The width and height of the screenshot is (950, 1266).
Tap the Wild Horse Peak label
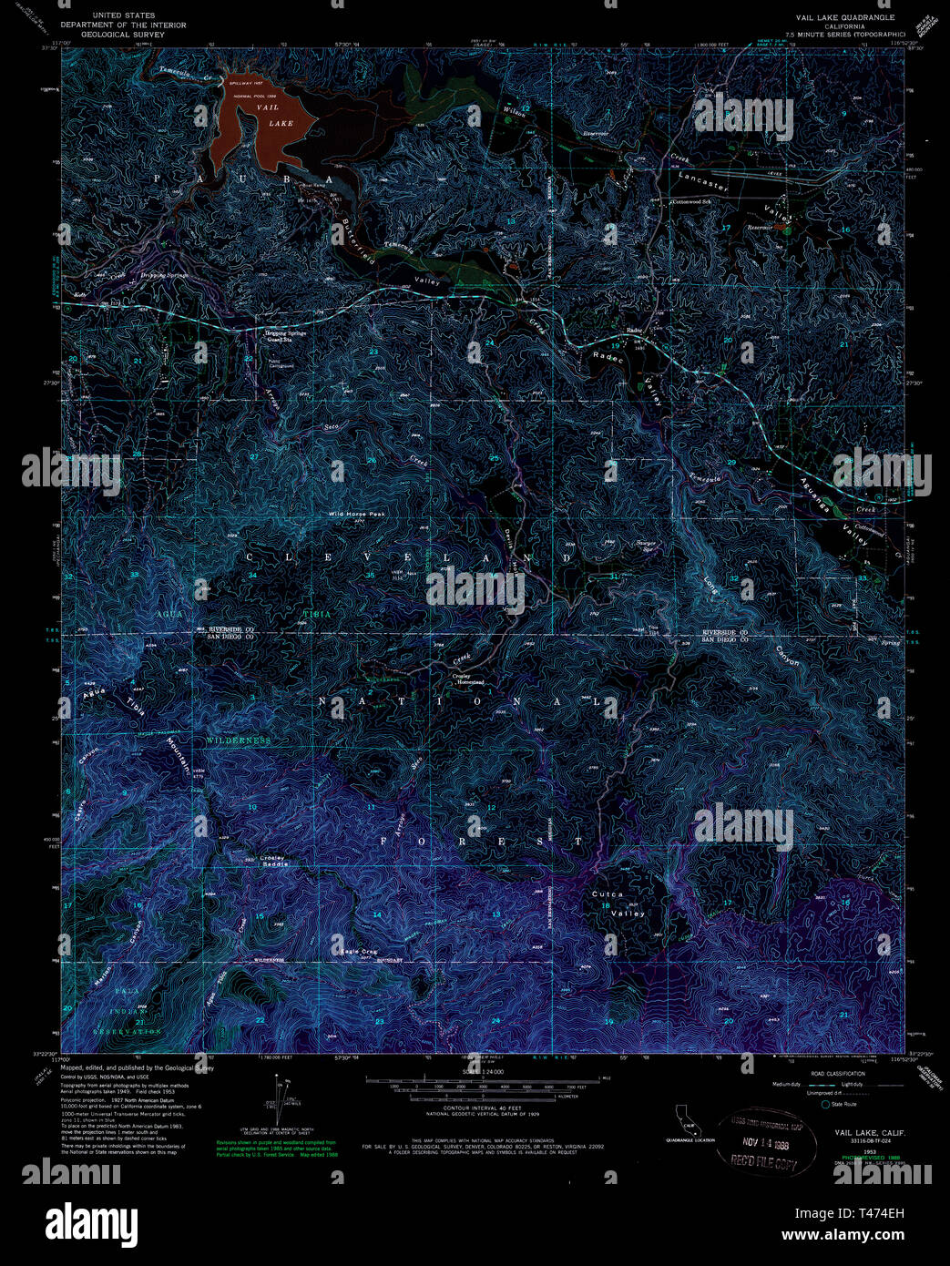pos(358,515)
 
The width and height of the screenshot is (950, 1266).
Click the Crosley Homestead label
pos(468,679)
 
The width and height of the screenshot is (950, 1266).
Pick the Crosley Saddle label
pos(273,860)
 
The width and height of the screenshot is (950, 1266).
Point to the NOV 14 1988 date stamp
pos(764,1143)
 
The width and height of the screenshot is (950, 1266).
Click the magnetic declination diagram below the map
pos(280,1103)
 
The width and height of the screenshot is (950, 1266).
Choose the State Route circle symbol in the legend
pos(825,1104)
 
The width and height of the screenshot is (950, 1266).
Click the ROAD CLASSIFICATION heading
pos(838,1074)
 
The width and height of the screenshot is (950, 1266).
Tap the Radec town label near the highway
pos(634,331)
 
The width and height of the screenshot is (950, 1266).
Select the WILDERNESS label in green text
pos(238,740)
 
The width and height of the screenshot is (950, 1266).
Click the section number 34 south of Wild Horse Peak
pos(252,576)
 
